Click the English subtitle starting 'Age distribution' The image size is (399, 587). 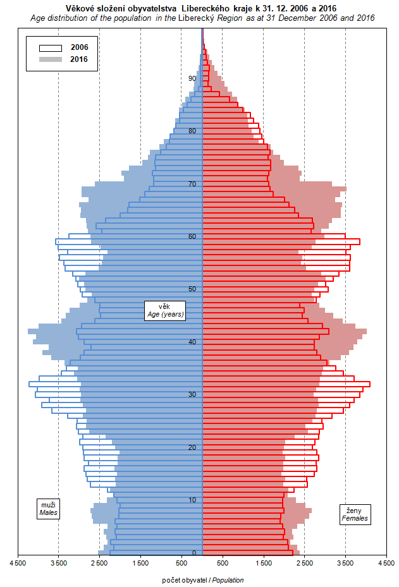(202, 18)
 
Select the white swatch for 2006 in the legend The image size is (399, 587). (51, 47)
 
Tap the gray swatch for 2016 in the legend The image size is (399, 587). (51, 59)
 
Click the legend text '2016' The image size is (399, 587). (80, 59)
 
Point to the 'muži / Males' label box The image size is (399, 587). (49, 509)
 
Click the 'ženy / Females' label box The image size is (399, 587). (355, 514)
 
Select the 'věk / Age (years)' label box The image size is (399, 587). (164, 310)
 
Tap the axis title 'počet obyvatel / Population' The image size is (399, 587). (202, 580)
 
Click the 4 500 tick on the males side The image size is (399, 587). (18, 562)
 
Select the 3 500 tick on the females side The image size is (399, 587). (345, 562)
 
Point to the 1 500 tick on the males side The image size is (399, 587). (140, 562)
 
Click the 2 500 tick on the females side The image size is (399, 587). (304, 562)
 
